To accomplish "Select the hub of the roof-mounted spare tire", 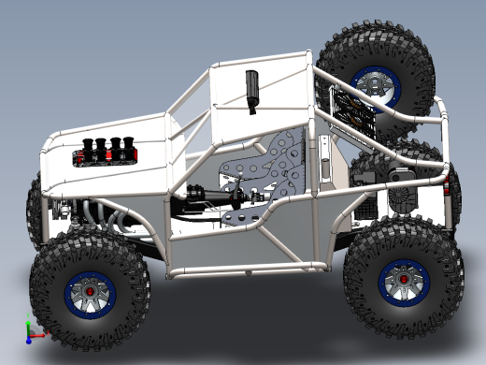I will click(x=378, y=85).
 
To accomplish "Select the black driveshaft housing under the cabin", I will click(x=210, y=197).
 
